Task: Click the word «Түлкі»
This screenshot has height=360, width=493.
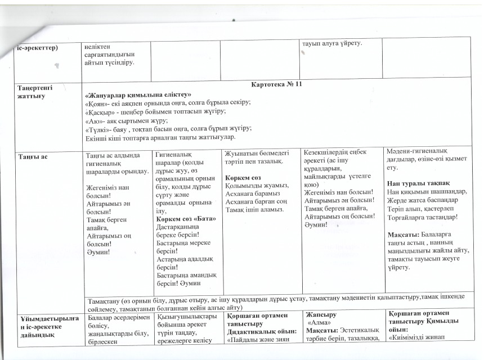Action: click(95, 129)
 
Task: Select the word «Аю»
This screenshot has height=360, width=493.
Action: click(92, 120)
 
